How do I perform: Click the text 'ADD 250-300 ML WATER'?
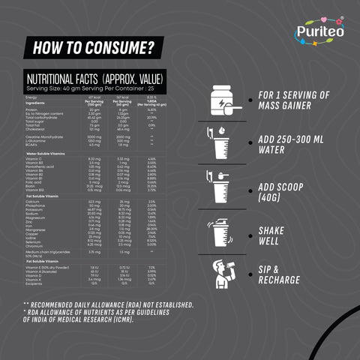[292, 145]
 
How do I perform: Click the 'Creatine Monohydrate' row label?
[43, 137]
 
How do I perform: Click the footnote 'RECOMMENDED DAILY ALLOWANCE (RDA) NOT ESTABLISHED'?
[109, 304]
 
